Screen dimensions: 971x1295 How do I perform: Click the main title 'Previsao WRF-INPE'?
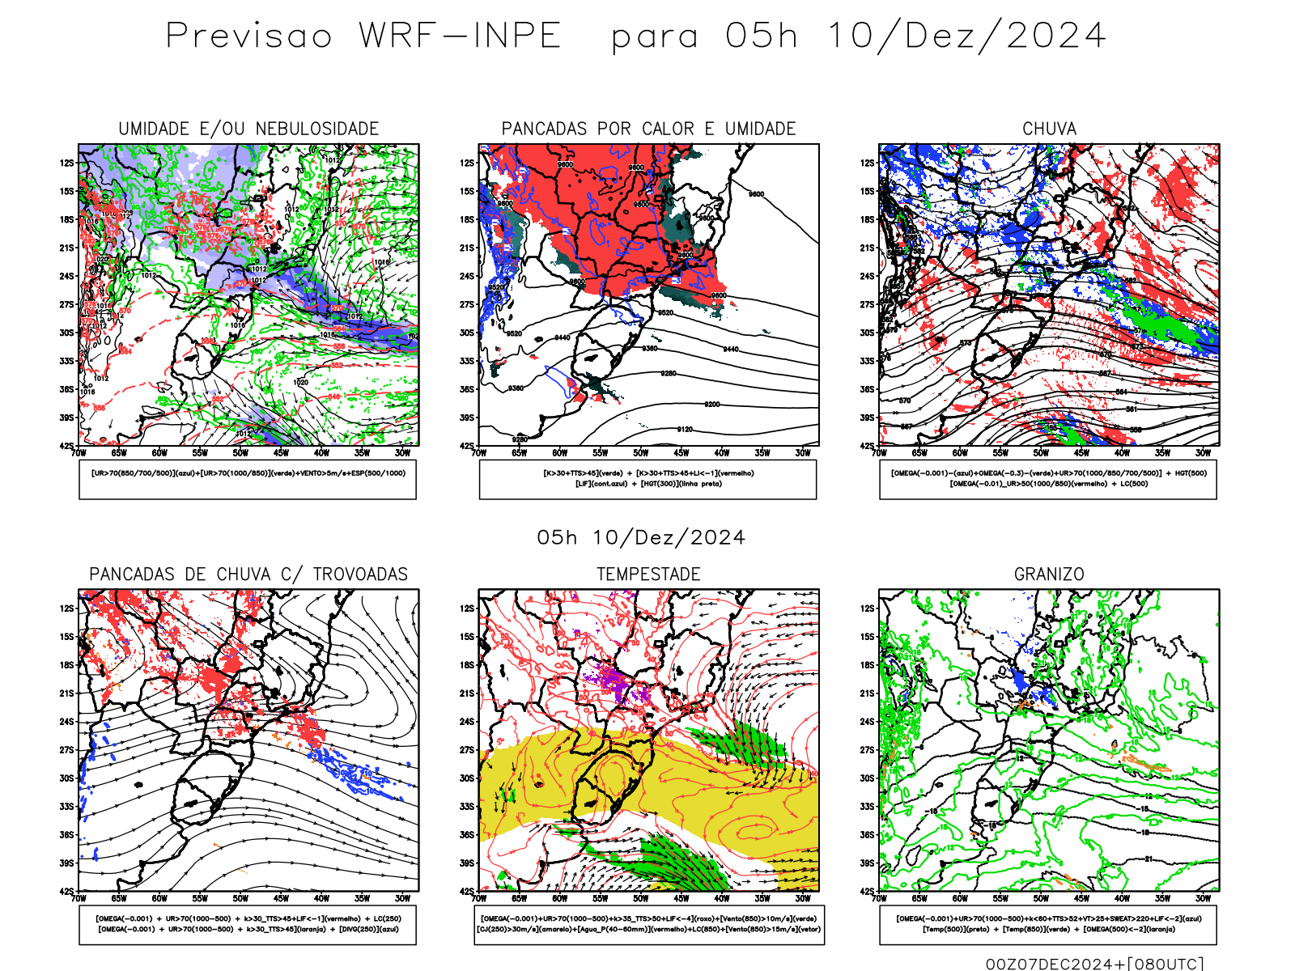(x=363, y=36)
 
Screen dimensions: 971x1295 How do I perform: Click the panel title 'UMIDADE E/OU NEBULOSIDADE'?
(x=248, y=129)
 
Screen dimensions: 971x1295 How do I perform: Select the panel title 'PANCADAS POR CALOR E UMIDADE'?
(x=648, y=129)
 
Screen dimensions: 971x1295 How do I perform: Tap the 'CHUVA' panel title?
(x=1049, y=129)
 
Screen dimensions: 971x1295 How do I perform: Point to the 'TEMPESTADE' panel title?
(x=648, y=575)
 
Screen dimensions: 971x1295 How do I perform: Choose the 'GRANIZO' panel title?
(x=1049, y=575)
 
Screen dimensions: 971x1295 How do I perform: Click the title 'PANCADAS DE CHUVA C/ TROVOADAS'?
(x=248, y=575)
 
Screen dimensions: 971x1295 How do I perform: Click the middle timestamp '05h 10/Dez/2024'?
(x=641, y=538)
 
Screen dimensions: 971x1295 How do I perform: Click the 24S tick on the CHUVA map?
(x=868, y=277)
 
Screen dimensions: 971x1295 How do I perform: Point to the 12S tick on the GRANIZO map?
(x=868, y=608)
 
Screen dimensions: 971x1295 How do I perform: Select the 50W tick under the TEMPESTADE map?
(x=640, y=898)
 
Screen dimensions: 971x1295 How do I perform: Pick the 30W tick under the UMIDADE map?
(x=402, y=453)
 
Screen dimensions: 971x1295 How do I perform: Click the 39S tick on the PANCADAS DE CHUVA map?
(x=66, y=863)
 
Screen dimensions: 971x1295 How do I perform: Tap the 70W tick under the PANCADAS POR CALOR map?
(x=479, y=453)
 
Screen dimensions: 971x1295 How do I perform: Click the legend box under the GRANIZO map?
(x=1048, y=924)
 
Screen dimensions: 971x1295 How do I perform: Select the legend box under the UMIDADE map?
(x=248, y=479)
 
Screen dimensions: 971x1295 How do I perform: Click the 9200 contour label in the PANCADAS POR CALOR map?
(x=711, y=405)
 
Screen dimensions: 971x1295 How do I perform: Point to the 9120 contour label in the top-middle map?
(x=685, y=430)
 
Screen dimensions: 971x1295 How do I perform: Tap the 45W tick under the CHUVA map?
(x=1081, y=453)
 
